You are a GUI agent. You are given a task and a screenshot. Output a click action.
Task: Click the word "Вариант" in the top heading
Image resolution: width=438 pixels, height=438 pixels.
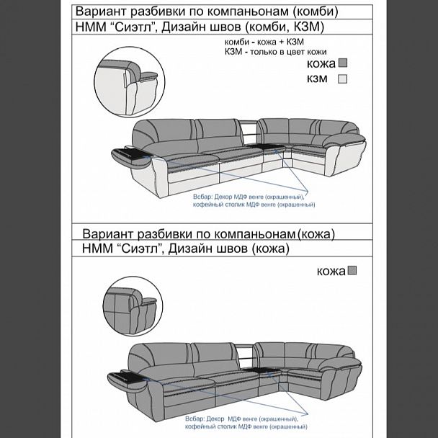click(102, 12)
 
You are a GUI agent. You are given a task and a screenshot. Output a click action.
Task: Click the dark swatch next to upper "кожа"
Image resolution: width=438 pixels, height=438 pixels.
click(344, 63)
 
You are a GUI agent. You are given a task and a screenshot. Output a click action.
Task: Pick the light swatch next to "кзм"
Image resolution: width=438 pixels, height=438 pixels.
click(344, 79)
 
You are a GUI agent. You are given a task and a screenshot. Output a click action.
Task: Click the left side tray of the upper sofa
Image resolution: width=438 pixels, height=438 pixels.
click(130, 153)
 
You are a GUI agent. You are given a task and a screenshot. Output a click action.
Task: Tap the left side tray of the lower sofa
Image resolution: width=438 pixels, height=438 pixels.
click(130, 375)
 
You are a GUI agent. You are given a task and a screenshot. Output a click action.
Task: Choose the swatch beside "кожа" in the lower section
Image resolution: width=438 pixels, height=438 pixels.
click(352, 272)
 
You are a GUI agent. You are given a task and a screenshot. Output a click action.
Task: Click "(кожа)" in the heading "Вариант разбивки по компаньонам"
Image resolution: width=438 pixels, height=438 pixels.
click(316, 234)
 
